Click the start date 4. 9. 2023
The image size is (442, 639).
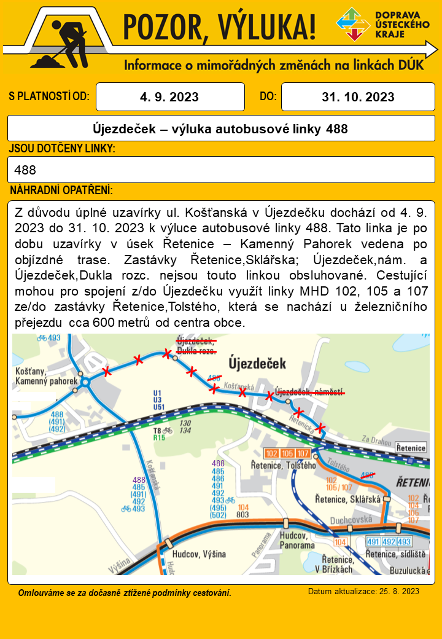click(x=170, y=96)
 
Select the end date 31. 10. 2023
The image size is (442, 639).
click(x=358, y=96)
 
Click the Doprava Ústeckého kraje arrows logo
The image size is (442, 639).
click(x=353, y=24)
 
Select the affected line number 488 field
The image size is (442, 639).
click(x=221, y=170)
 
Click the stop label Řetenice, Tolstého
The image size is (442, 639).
click(x=283, y=465)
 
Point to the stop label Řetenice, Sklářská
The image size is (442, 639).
click(x=348, y=500)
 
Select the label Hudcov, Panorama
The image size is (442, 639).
click(x=297, y=540)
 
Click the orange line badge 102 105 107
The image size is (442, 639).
click(x=287, y=453)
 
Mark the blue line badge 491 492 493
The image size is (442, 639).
click(x=388, y=541)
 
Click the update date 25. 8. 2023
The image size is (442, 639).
click(x=363, y=591)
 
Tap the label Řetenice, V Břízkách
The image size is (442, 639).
click(x=338, y=564)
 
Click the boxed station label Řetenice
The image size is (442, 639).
click(x=411, y=448)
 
